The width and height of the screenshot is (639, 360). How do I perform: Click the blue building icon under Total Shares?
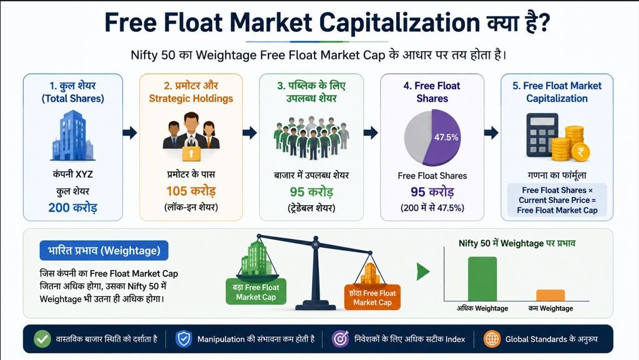click(72, 135)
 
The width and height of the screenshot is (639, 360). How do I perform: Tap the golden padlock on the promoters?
click(191, 150)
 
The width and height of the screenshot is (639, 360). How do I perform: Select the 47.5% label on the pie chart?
click(446, 137)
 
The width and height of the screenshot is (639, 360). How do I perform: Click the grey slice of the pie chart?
click(416, 137)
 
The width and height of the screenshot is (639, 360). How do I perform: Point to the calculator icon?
click(542, 135)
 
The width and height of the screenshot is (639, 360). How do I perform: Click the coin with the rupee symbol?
click(580, 153)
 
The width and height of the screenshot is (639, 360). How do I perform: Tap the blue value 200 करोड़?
click(72, 207)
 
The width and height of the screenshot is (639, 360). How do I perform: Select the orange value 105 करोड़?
click(191, 190)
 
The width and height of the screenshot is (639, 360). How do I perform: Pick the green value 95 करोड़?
click(311, 192)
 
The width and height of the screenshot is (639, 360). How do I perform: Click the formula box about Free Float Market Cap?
click(557, 200)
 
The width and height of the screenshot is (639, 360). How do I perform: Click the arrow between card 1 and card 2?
click(130, 132)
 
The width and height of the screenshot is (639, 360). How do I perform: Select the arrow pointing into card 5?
click(492, 132)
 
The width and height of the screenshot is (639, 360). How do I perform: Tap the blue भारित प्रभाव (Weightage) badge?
click(104, 250)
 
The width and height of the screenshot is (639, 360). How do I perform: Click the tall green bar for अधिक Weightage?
click(482, 279)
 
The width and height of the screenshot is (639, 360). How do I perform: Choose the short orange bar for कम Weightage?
click(550, 295)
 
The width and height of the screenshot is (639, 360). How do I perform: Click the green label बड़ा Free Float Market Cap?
click(256, 293)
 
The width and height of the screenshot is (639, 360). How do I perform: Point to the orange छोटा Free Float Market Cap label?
click(373, 297)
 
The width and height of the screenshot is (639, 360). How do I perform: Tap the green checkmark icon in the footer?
click(42, 339)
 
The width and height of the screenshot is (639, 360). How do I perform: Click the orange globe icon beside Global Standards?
click(492, 339)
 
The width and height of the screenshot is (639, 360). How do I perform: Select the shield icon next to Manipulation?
click(184, 339)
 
